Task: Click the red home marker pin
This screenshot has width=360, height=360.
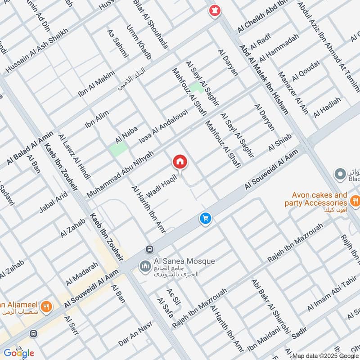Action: tap(180, 162)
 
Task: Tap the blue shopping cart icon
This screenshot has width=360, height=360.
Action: tap(206, 219)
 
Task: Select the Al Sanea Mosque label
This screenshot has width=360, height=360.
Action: tap(178, 261)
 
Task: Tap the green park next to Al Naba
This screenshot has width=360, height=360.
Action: tap(118, 150)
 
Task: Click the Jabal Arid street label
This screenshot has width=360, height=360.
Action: tap(53, 202)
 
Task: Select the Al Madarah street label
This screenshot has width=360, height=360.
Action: tap(81, 274)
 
